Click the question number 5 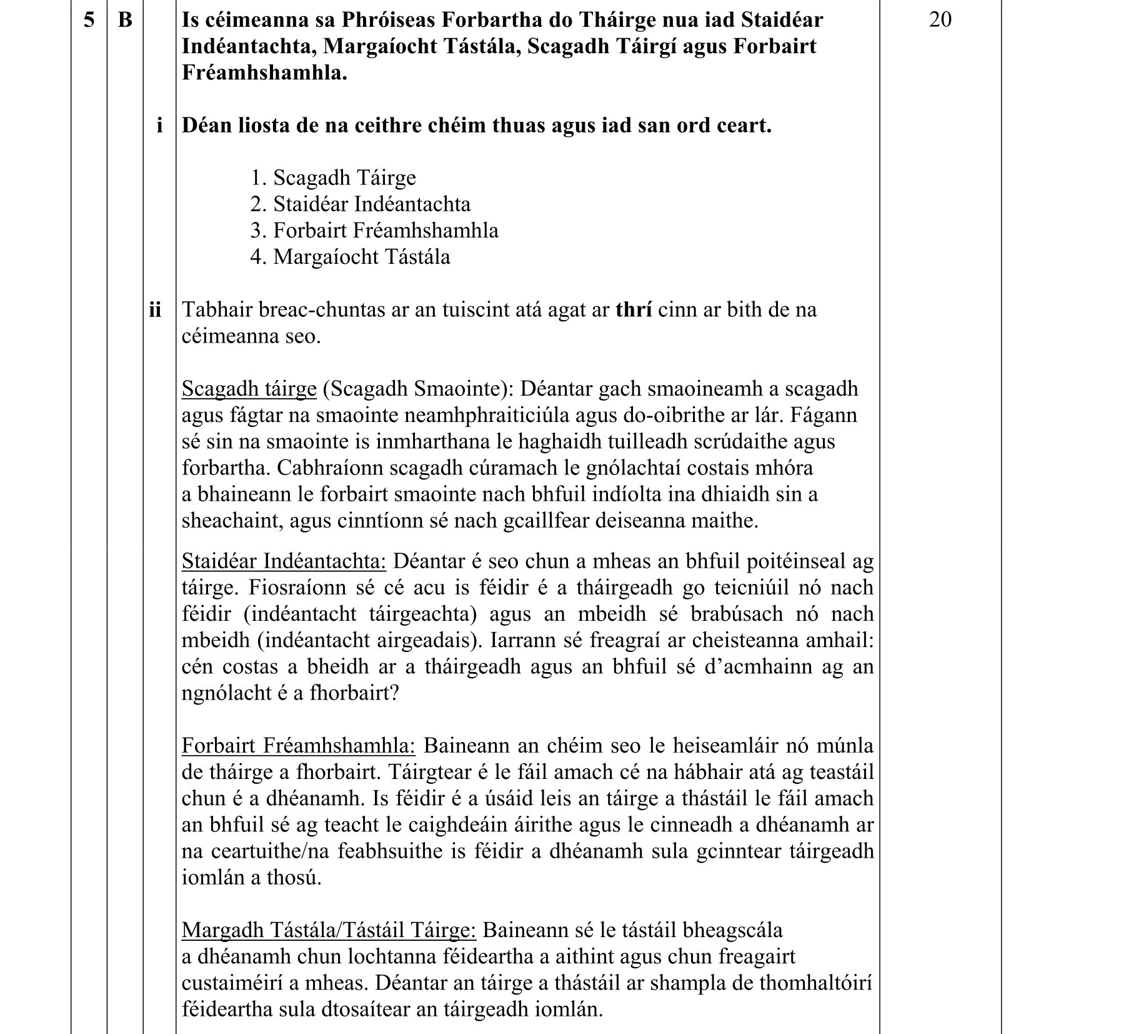pos(89,20)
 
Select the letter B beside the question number pos(125,20)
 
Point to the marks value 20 pos(940,20)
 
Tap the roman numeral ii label pos(156,309)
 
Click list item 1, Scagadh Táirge pos(333,178)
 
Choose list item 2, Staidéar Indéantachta pos(361,204)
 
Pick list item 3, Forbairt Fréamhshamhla pos(374,231)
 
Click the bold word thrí pos(634,309)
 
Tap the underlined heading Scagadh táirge pos(249,389)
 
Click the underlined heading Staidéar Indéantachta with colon pos(284,561)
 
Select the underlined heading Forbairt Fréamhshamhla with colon pos(298,746)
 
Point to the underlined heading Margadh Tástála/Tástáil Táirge pos(329,930)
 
